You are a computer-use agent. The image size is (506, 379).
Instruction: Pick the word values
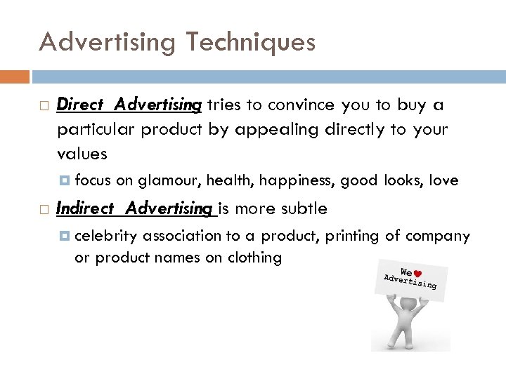coord(82,154)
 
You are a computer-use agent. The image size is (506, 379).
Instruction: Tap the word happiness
coord(299,181)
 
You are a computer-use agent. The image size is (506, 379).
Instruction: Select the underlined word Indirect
coord(80,208)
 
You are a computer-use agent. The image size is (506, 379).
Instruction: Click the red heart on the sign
coord(417,273)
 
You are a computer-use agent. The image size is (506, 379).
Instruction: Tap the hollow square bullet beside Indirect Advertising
coord(44,209)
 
